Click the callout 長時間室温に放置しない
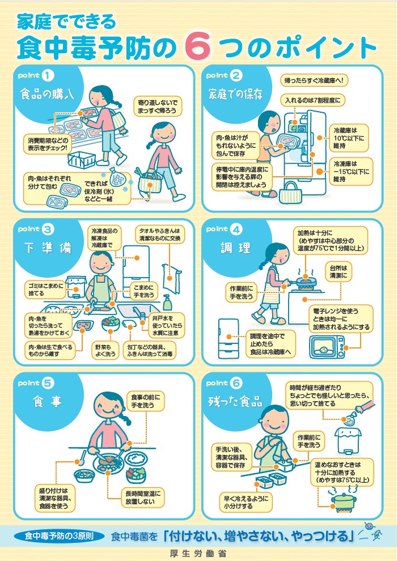143,498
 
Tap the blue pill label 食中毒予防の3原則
63,535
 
